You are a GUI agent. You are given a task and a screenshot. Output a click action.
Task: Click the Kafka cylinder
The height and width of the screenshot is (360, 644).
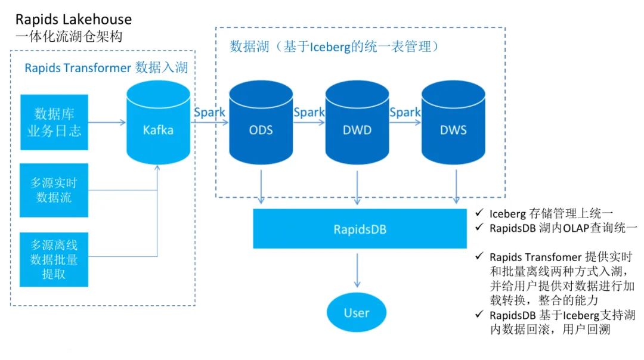coord(158,129)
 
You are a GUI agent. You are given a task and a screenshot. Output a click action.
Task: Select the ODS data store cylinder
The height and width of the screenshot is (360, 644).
coord(261,129)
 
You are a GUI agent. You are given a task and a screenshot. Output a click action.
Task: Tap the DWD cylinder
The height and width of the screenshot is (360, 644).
coord(357,129)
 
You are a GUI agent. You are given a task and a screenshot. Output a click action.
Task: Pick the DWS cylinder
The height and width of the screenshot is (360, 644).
coord(453,129)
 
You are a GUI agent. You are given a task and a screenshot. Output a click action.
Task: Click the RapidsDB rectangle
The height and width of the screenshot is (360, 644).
coord(359,228)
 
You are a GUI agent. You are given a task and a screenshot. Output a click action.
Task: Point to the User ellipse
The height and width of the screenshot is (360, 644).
coord(356,312)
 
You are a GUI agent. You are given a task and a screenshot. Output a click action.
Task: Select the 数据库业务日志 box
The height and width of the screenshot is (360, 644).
coord(54,122)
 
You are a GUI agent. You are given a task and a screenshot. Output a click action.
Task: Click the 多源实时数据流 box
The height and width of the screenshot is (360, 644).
coord(54,190)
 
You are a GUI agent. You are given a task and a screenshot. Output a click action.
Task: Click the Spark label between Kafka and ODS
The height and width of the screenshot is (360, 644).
coord(209,112)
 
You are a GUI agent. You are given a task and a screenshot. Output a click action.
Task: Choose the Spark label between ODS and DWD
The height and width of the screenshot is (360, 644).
coord(309,112)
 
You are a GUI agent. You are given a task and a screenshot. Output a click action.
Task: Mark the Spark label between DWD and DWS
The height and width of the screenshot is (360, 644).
coord(405,112)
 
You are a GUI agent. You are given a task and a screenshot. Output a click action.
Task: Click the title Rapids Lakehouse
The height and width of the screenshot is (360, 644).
coord(73,20)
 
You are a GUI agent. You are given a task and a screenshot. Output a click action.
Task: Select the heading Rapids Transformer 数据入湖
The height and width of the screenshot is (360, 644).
coord(106,68)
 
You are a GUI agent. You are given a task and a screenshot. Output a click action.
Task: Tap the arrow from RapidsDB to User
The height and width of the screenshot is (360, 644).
coord(357,271)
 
